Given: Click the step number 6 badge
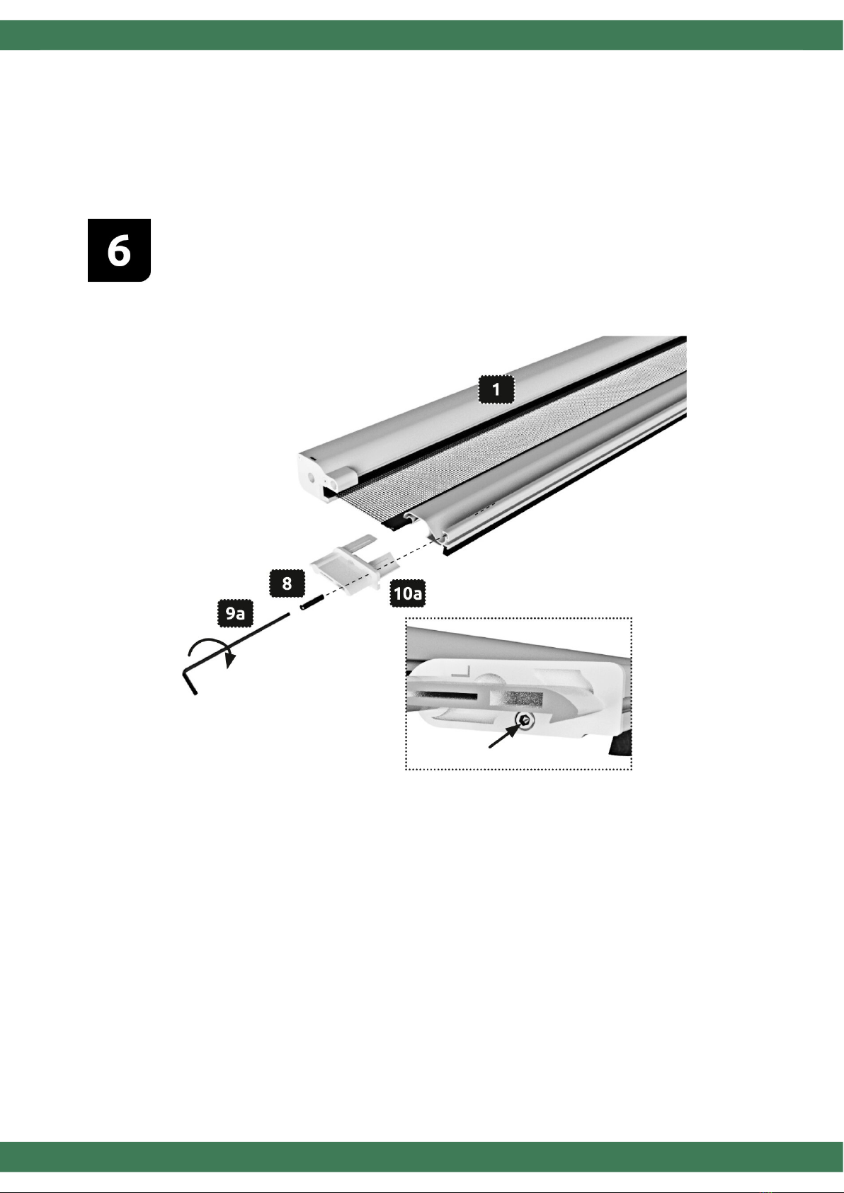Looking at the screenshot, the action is click(119, 250).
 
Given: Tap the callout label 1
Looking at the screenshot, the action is click(496, 389).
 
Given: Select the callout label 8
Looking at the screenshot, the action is click(287, 583).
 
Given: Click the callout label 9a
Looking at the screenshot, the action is click(235, 613).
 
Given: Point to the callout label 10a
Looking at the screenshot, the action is click(408, 593).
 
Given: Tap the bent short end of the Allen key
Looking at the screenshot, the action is click(190, 683).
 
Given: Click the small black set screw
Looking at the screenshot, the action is click(312, 604).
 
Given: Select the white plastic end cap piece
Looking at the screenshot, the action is click(354, 564).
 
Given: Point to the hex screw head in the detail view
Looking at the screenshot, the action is click(526, 720).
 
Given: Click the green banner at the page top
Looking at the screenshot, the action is click(422, 35).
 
